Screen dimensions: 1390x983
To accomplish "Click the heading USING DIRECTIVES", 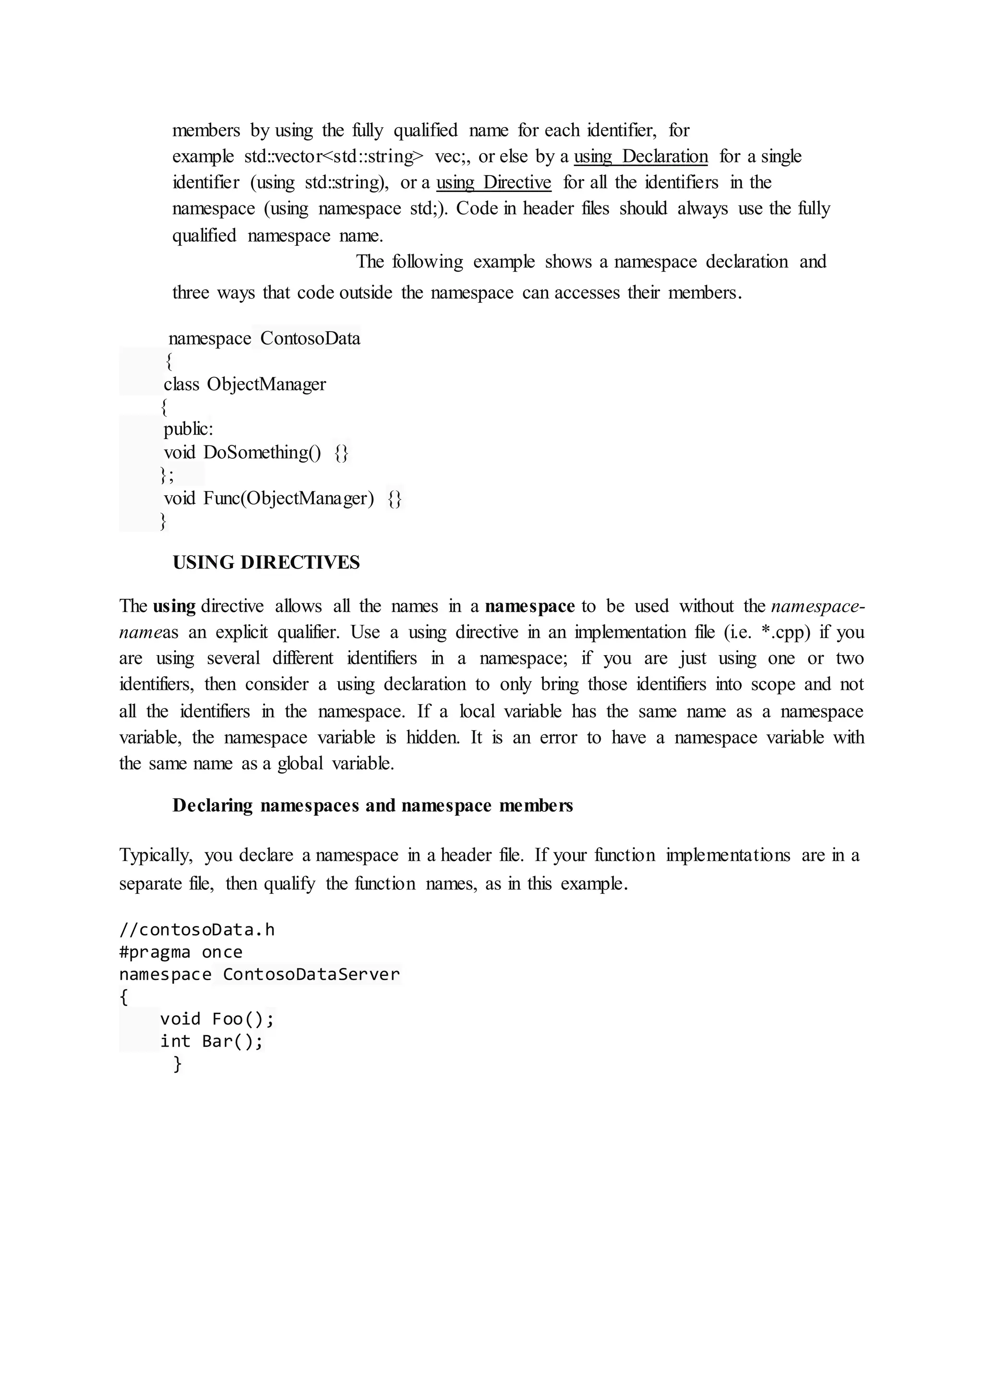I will coord(266,563).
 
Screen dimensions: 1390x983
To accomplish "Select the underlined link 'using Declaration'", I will coord(640,156).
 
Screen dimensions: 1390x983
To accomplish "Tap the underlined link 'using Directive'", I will coord(493,182).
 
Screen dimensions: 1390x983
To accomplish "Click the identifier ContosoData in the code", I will coord(310,338).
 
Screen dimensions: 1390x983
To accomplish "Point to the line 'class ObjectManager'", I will coord(244,384).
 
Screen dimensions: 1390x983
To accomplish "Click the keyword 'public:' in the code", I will coord(188,429).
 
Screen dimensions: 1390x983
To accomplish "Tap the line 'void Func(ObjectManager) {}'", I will coord(282,498).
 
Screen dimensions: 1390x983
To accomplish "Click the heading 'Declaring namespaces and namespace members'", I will coord(372,805).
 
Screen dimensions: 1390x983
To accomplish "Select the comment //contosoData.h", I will coord(197,929).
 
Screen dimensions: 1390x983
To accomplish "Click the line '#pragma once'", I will coord(180,952).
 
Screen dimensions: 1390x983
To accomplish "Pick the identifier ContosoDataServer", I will coord(311,974).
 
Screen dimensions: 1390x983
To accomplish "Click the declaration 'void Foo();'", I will coord(216,1019).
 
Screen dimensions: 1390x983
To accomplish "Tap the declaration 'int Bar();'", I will coord(211,1041).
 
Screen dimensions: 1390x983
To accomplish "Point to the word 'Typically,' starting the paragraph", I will coord(156,855).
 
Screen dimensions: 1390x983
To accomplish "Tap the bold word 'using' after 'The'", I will coord(174,606).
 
